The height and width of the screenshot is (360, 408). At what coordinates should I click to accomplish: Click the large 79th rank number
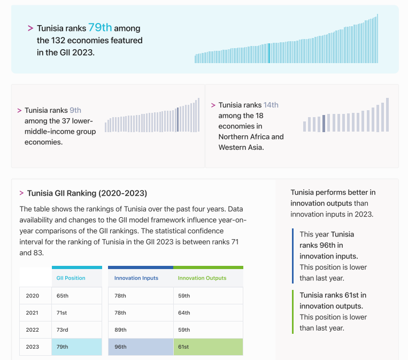click(x=99, y=28)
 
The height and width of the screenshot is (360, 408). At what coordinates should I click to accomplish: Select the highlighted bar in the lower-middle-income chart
click(x=178, y=119)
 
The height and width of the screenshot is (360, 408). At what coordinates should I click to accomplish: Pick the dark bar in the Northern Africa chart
click(x=324, y=123)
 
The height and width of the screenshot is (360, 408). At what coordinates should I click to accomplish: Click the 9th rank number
click(x=75, y=110)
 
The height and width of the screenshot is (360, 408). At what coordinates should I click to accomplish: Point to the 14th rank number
click(x=271, y=105)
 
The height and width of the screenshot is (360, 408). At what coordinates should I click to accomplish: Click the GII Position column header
click(x=71, y=278)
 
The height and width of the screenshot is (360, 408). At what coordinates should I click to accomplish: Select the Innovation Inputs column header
click(x=136, y=278)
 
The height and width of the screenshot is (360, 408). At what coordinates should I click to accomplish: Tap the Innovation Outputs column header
click(x=202, y=278)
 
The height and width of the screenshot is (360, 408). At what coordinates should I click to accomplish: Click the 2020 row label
click(x=33, y=295)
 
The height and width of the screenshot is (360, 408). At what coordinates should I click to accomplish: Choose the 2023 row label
click(x=33, y=347)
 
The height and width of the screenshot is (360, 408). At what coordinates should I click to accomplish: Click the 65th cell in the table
click(x=63, y=295)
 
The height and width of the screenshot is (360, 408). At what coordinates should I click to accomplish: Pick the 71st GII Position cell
click(x=62, y=312)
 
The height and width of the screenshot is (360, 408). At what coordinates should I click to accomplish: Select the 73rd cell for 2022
click(x=63, y=330)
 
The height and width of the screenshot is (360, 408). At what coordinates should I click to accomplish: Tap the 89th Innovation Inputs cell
click(x=120, y=330)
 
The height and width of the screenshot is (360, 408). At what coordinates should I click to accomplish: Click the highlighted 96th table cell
click(x=120, y=347)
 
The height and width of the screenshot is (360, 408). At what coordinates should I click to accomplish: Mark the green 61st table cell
click(x=183, y=347)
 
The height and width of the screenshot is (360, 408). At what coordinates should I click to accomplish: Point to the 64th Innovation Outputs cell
click(x=184, y=312)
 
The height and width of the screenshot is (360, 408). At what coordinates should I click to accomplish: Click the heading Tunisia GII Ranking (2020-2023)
click(x=87, y=193)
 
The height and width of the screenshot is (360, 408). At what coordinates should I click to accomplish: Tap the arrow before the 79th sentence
click(x=30, y=28)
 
